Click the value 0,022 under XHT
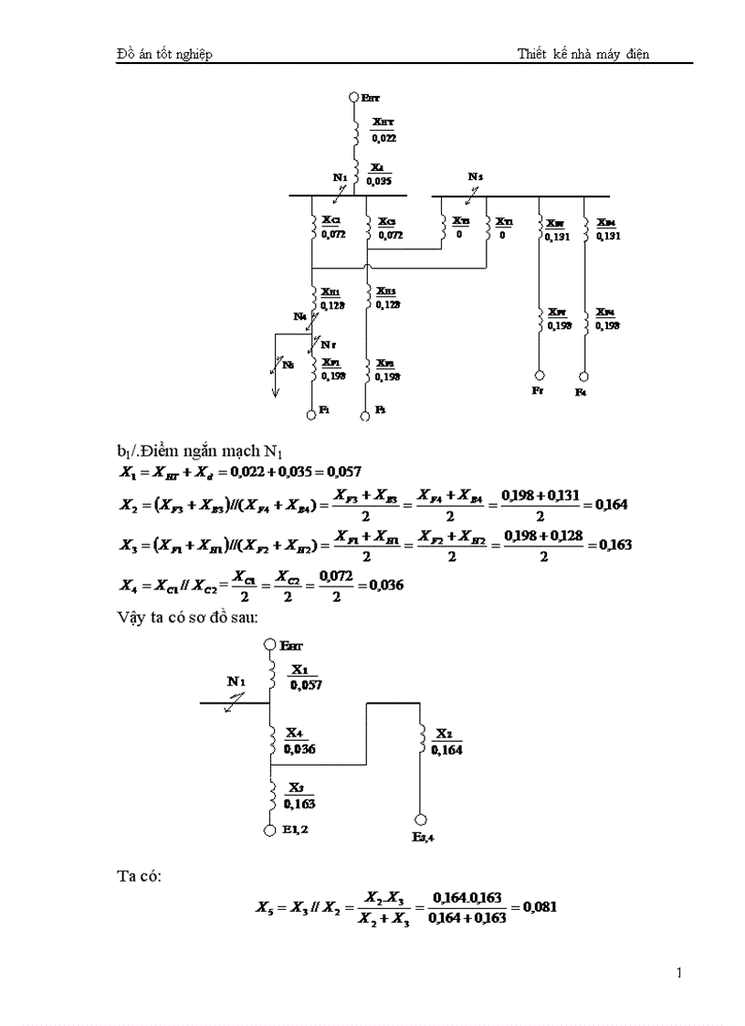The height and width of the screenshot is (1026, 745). click(x=383, y=138)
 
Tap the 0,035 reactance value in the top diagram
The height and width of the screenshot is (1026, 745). click(x=379, y=181)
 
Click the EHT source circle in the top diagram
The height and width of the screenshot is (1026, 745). click(x=355, y=97)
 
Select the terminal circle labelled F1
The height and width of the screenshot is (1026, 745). click(x=311, y=414)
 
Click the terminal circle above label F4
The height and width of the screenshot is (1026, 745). click(x=583, y=375)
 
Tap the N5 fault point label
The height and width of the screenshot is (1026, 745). click(x=289, y=365)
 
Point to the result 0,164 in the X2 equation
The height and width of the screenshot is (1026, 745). click(x=610, y=504)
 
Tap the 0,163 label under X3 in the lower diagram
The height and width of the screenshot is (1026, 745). click(x=299, y=805)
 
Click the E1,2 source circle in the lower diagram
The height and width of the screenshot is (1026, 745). click(x=270, y=830)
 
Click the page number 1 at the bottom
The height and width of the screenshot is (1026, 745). click(x=679, y=972)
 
